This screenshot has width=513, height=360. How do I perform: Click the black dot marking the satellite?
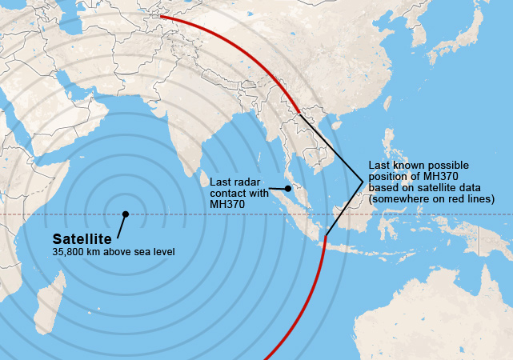125,214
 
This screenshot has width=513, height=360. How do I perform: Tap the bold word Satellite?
82,238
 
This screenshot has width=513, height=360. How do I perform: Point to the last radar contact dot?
288,188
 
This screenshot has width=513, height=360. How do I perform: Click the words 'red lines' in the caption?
472,198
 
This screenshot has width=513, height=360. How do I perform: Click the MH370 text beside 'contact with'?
227,205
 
